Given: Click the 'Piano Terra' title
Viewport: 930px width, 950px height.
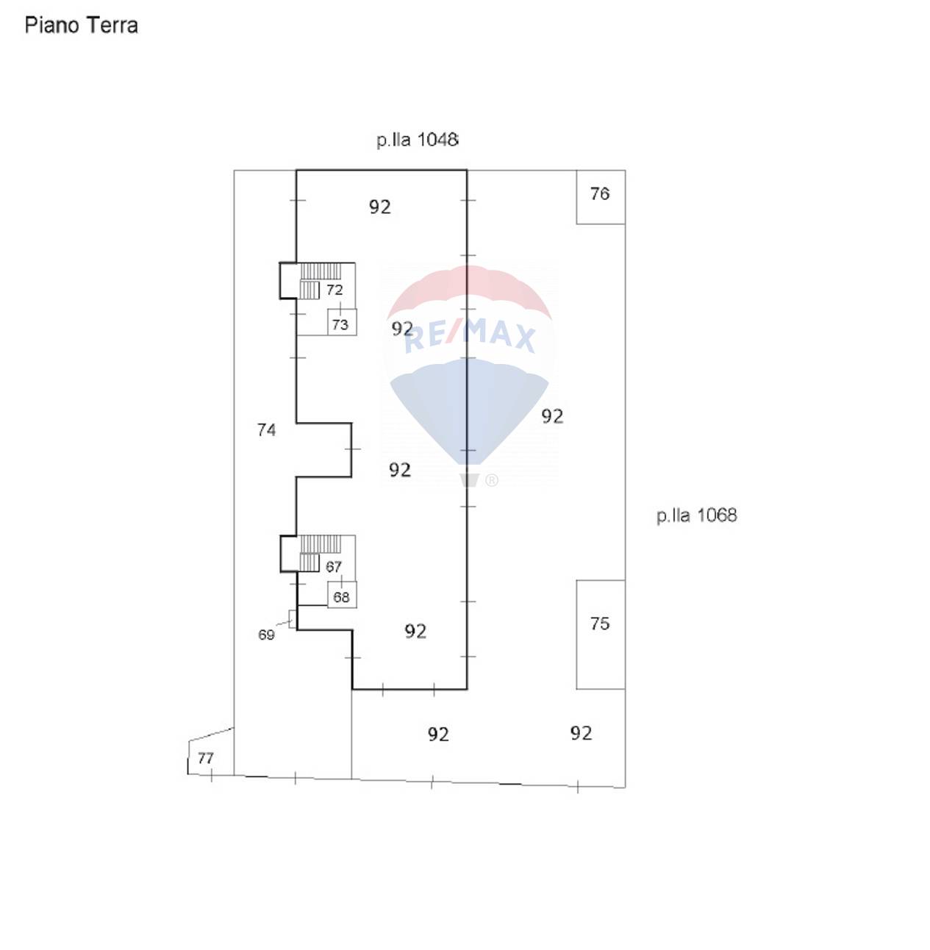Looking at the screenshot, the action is (x=82, y=26).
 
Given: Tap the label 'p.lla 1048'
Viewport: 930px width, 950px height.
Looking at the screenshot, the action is (x=417, y=140).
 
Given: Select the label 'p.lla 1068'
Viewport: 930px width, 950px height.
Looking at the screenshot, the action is (x=696, y=515).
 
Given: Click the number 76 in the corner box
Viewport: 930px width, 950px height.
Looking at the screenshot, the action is (x=600, y=193).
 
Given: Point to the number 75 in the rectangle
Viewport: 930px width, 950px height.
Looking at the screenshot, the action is (x=600, y=624).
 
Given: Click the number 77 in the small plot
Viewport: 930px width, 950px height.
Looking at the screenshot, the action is (x=205, y=758).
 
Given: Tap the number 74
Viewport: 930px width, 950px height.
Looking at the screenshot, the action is (x=266, y=430).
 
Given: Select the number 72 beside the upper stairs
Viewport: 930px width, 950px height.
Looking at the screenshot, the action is (x=335, y=290).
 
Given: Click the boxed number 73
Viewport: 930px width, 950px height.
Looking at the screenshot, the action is (x=340, y=324).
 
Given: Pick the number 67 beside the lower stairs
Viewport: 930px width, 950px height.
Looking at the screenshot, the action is (x=334, y=567).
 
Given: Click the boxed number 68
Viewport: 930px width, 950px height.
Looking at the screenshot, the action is (x=341, y=598).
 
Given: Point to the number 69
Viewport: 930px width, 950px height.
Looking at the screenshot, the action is (x=266, y=635).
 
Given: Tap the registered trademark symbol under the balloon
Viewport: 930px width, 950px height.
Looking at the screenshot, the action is (x=492, y=480).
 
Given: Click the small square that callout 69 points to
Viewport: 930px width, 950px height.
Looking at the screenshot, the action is (x=293, y=618).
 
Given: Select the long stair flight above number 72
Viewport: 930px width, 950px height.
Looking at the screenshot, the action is (x=321, y=271).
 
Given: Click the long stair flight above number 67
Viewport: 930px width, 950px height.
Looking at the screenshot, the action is (x=321, y=544).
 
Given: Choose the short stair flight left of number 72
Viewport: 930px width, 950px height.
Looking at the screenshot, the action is (x=310, y=290).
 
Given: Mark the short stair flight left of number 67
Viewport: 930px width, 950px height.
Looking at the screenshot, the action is (x=310, y=563).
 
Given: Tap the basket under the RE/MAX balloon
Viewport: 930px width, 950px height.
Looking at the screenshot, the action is (x=469, y=480).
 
